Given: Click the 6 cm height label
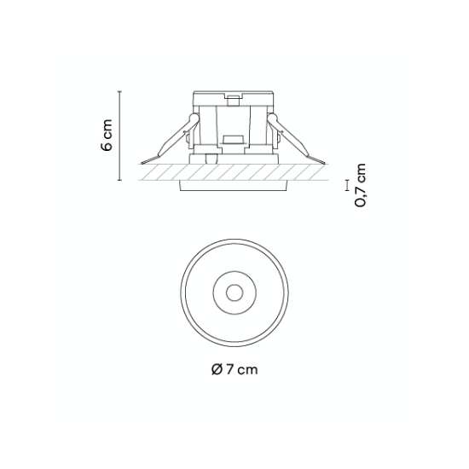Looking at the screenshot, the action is (x=107, y=135).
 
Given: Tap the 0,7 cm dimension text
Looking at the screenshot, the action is (x=360, y=185).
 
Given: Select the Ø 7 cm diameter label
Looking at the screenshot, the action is (x=234, y=370).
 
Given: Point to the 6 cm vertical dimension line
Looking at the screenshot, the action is (x=120, y=136).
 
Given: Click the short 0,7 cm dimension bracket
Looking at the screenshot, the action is (x=347, y=185).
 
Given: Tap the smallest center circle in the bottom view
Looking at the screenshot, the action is (x=234, y=292).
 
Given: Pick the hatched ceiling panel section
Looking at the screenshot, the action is (x=234, y=172).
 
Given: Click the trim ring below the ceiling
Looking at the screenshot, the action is (x=234, y=185).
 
